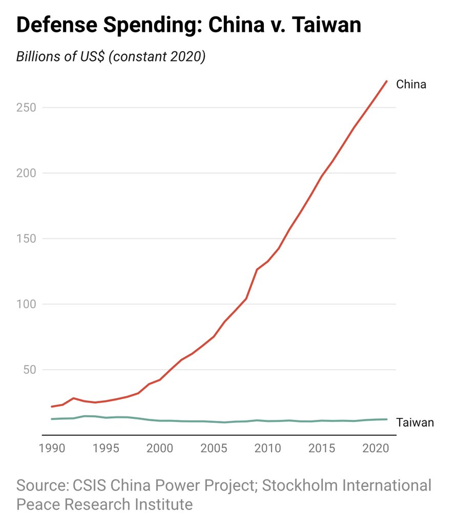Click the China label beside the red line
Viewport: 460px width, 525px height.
coord(411,84)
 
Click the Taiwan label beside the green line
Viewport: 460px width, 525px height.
coord(415,422)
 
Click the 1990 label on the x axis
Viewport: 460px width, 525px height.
coord(52,449)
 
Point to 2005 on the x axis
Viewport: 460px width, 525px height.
coord(214,449)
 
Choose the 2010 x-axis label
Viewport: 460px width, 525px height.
coord(267,449)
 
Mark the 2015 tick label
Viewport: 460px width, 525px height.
coord(321,449)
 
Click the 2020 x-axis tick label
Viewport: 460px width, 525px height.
coord(375,449)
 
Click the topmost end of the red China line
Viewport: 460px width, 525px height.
coord(386,81)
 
